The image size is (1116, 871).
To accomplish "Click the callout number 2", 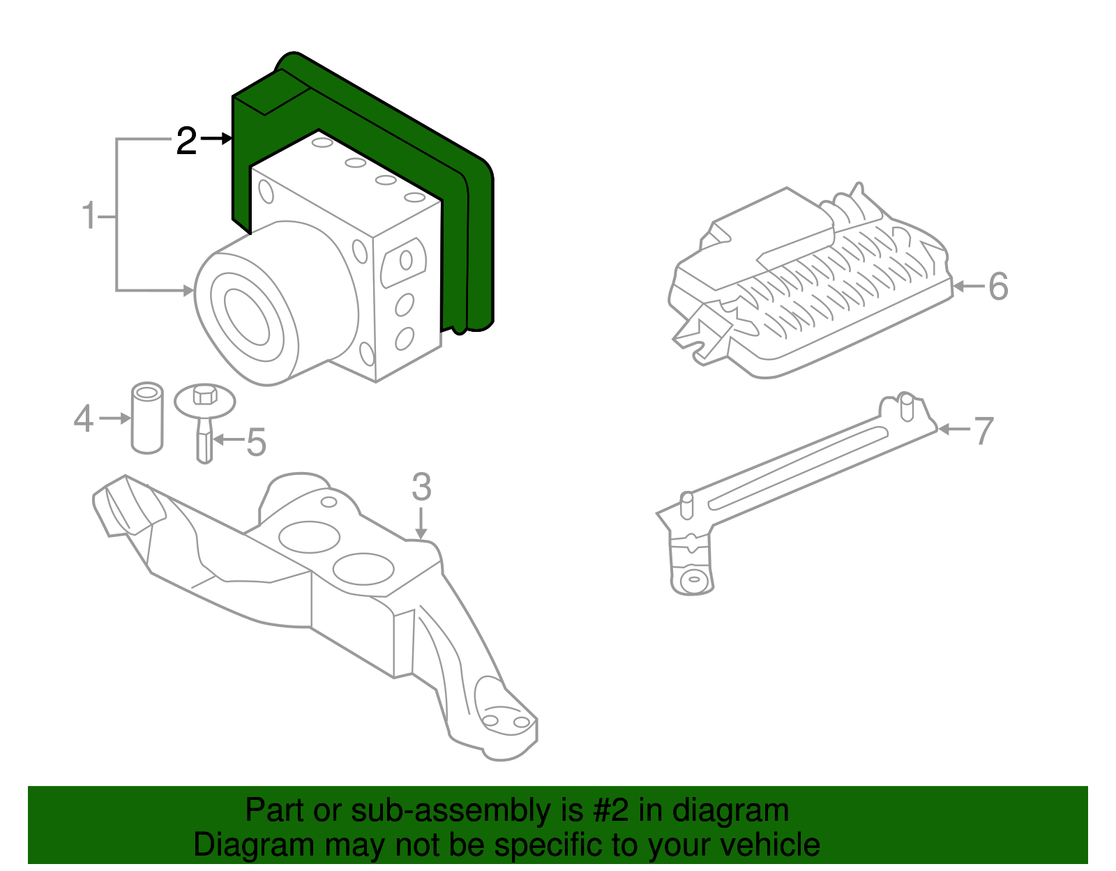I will (186, 141).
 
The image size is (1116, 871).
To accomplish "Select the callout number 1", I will (89, 215).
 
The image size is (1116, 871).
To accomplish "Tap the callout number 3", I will (421, 487).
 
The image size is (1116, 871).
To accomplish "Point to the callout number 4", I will (84, 418).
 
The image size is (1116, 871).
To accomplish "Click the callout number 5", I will (257, 442).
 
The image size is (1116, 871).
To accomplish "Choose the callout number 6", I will (998, 287).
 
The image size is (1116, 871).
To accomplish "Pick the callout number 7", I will (983, 430).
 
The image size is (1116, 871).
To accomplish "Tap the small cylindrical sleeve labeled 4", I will (147, 418).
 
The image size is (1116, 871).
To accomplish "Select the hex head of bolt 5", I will (204, 394).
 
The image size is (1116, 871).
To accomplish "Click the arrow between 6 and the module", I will (970, 287).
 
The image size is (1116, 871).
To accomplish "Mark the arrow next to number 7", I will (954, 430).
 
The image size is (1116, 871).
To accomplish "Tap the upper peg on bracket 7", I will (906, 407).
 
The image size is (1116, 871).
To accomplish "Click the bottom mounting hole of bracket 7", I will (693, 579).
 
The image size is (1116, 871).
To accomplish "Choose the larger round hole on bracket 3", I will (309, 537).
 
